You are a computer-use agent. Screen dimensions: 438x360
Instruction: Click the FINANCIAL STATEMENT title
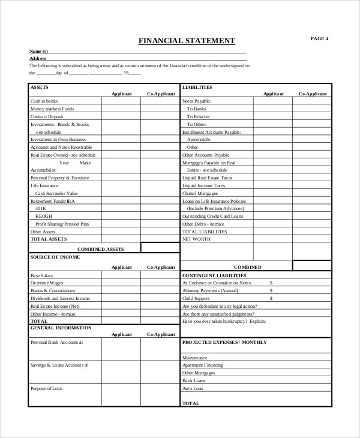click(187, 41)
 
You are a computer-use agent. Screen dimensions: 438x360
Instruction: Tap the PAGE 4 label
click(319, 38)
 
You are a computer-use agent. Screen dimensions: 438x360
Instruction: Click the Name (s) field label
click(38, 52)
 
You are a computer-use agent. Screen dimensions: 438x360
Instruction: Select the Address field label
click(38, 58)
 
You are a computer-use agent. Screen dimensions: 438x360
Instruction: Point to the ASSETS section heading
click(40, 87)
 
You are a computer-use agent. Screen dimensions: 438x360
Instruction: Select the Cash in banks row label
click(44, 101)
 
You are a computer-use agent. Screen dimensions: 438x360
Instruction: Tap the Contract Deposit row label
click(46, 116)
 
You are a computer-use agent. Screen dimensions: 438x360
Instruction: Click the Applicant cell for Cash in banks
click(121, 101)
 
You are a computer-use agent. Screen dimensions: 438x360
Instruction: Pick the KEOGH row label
click(43, 215)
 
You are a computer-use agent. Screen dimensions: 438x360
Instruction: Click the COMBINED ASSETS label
click(100, 248)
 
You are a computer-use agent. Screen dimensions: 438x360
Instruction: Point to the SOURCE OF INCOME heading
click(55, 257)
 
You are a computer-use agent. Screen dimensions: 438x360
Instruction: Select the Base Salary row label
click(42, 275)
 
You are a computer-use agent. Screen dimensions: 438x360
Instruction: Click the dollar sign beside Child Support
click(271, 298)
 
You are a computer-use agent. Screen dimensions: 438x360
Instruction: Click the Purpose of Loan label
click(46, 388)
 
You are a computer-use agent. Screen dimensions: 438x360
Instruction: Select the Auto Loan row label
click(193, 388)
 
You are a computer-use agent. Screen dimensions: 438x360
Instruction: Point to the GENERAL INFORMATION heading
click(61, 328)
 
